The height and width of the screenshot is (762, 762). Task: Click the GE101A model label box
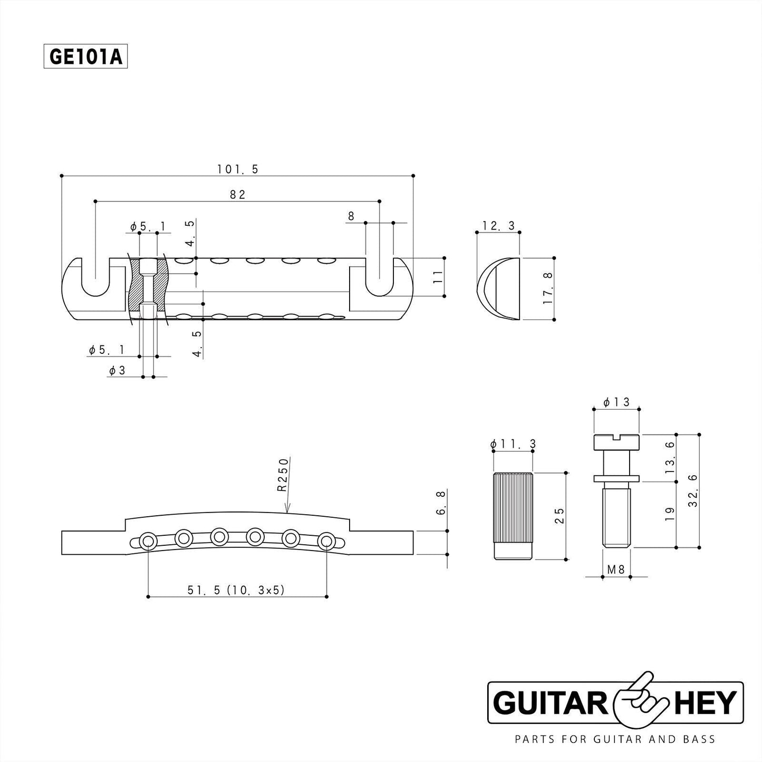pyautogui.click(x=85, y=57)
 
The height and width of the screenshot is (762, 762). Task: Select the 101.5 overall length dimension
pyautogui.click(x=237, y=169)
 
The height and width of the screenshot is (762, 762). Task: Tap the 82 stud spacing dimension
pyautogui.click(x=238, y=195)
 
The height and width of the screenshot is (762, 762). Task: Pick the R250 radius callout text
pyautogui.click(x=283, y=475)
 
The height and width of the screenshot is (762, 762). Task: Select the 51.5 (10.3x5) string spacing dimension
pyautogui.click(x=236, y=590)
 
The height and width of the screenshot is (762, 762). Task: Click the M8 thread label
pyautogui.click(x=616, y=570)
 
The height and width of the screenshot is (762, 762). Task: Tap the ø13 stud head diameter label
pyautogui.click(x=616, y=402)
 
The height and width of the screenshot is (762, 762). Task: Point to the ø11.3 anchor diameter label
pyautogui.click(x=513, y=445)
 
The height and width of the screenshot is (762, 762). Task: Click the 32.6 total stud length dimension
pyautogui.click(x=692, y=490)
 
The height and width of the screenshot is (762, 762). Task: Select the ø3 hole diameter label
pyautogui.click(x=117, y=371)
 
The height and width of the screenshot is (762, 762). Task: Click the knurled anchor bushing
pyautogui.click(x=513, y=516)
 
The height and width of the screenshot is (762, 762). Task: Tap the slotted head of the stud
pyautogui.click(x=616, y=441)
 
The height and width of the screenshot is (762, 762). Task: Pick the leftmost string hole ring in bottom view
pyautogui.click(x=148, y=541)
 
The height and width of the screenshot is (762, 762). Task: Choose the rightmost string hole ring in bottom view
pyautogui.click(x=326, y=541)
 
